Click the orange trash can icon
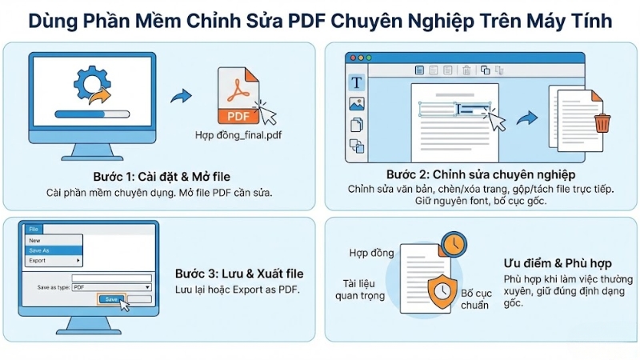coord(602,122)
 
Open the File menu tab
coord(33,229)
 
